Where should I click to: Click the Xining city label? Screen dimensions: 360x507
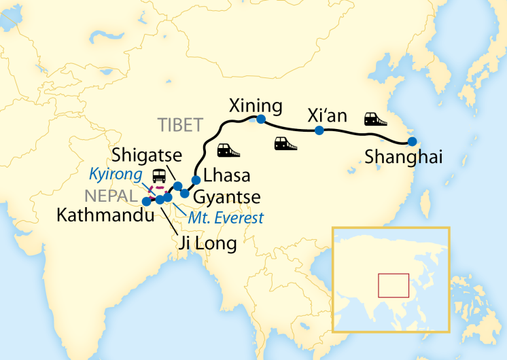256,106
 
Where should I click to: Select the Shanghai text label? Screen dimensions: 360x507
404,157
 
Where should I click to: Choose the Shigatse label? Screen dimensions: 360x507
140,154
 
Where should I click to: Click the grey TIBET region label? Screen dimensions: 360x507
180,125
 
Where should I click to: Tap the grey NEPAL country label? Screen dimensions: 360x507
111,196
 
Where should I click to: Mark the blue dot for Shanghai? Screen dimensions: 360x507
412,142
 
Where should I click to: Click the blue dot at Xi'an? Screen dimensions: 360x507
319,130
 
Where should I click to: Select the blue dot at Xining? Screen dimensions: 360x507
260,120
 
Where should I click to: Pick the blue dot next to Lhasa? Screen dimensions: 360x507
196,180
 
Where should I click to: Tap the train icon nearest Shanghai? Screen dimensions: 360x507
375,119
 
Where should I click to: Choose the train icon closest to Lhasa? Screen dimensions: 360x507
224,150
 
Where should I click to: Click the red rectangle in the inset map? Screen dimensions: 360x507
394,285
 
